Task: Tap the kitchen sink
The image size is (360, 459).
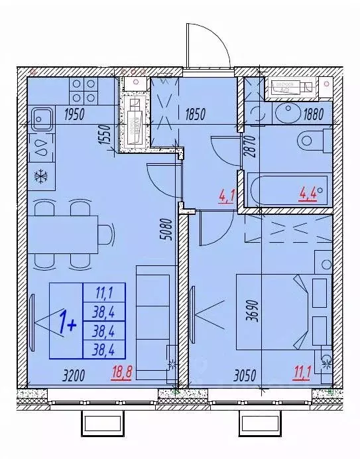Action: pos(41,119)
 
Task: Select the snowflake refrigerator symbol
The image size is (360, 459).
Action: pos(40,176)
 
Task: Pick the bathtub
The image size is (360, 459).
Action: pos(286,190)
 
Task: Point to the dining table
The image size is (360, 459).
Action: pos(62,233)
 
